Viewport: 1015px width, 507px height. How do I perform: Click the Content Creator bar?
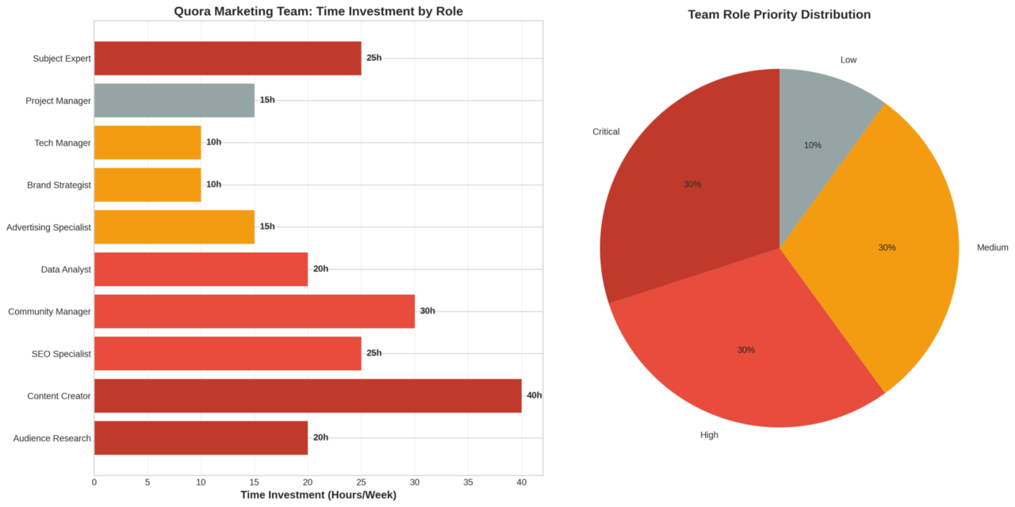click(308, 395)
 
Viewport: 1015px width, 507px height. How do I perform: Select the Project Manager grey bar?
click(174, 101)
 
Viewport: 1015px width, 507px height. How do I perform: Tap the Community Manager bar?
click(254, 311)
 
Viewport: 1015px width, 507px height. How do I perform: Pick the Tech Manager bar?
click(147, 143)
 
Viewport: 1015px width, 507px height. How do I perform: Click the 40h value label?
click(534, 395)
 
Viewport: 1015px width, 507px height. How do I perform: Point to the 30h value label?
click(427, 311)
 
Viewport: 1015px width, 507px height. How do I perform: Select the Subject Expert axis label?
click(62, 59)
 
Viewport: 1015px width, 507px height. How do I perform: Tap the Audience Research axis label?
click(52, 438)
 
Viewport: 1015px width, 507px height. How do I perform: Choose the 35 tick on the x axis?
click(468, 482)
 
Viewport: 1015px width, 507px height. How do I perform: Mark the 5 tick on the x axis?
click(147, 482)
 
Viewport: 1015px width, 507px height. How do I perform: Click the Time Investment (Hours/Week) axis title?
click(318, 495)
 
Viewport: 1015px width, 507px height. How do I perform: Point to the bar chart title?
click(318, 12)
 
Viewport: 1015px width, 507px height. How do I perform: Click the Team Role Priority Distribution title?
click(779, 15)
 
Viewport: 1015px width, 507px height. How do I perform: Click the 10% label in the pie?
click(812, 146)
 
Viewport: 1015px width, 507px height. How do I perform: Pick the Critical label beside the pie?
click(606, 132)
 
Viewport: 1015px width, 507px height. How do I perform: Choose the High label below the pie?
click(709, 435)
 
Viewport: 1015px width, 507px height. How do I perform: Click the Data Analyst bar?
click(201, 269)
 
